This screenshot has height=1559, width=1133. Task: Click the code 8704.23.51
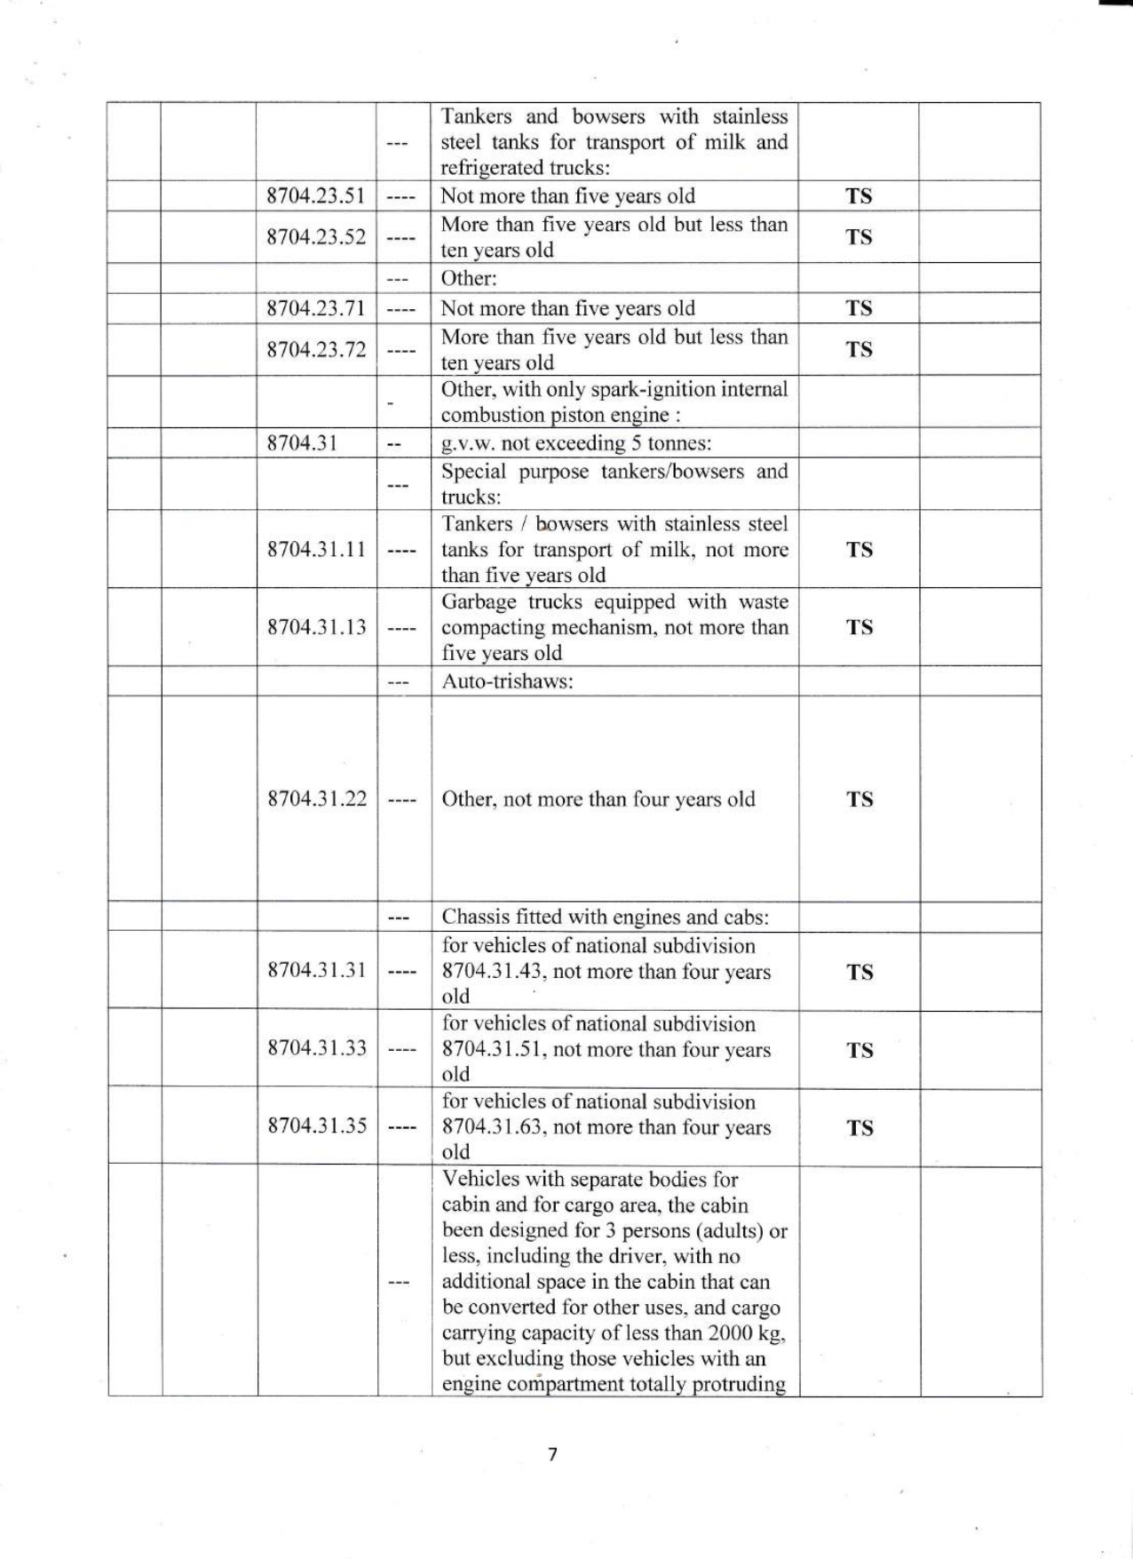(316, 195)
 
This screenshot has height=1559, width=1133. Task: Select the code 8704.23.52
(316, 237)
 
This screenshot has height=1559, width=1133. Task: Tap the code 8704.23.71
(316, 308)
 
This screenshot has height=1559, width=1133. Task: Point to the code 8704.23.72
(316, 349)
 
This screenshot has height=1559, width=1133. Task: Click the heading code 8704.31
(302, 443)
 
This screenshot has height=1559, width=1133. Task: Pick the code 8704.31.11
(316, 549)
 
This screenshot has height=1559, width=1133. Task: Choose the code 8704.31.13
(316, 627)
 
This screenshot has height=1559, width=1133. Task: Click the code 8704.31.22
(316, 799)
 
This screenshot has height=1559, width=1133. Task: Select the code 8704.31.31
(316, 970)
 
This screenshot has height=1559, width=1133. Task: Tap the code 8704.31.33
(316, 1048)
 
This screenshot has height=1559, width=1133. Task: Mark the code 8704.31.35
(316, 1126)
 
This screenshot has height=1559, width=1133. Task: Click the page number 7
(552, 1454)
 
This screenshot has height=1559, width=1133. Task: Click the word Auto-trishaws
(506, 682)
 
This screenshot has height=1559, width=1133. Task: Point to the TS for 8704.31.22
(859, 799)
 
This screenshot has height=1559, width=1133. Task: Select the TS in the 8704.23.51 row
(859, 195)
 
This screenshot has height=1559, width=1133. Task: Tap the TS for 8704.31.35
(859, 1127)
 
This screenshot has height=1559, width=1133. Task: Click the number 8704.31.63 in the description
(491, 1127)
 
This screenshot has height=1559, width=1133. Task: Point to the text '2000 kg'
(748, 1333)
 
